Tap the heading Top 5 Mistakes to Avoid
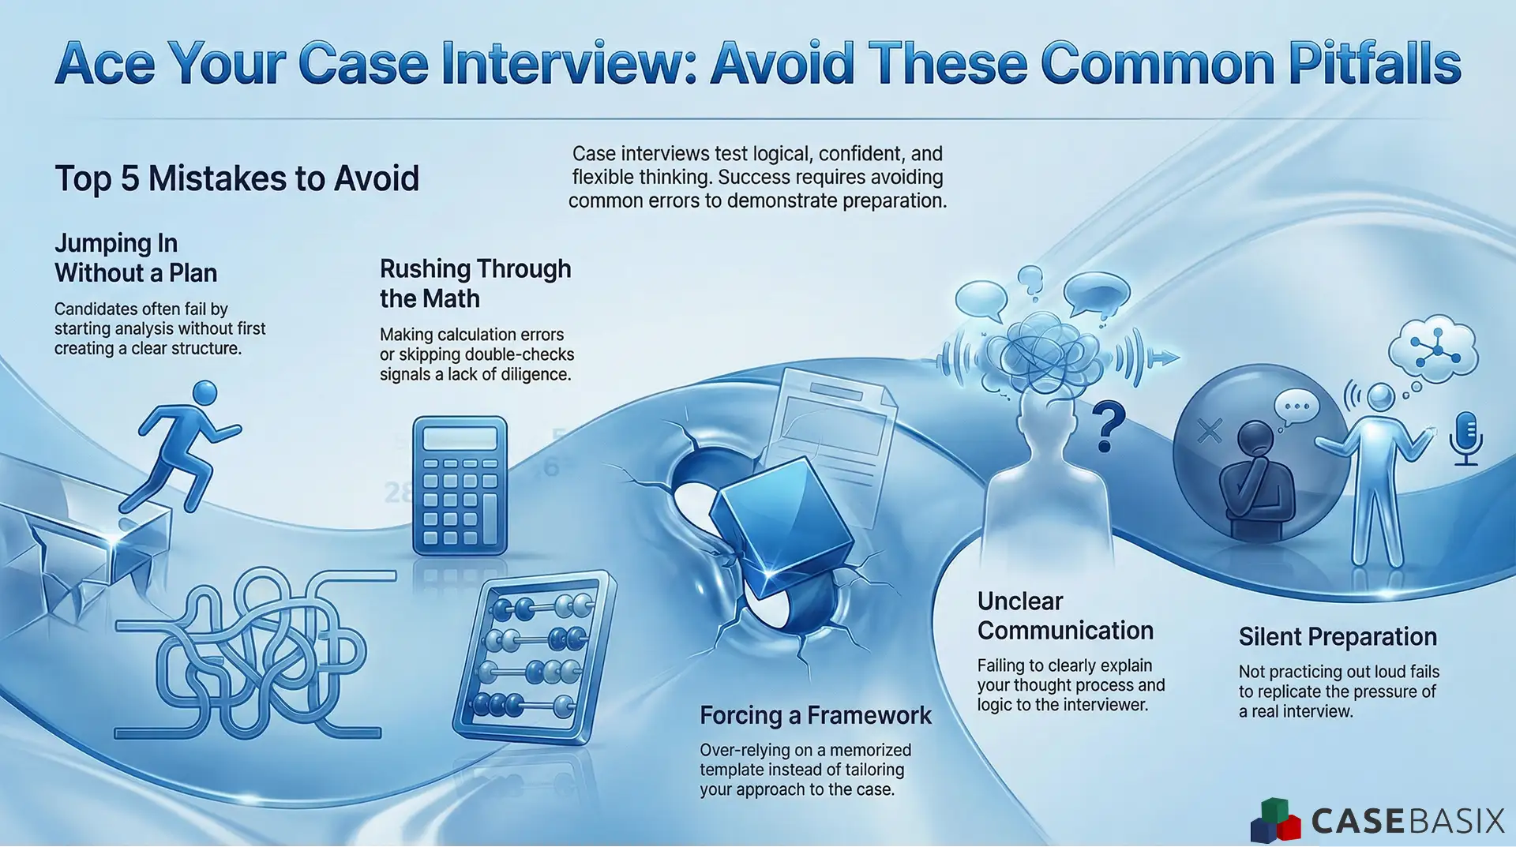(x=237, y=178)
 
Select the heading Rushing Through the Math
(x=475, y=283)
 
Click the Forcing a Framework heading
(x=815, y=715)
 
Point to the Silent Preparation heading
(x=1337, y=636)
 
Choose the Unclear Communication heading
(x=1064, y=616)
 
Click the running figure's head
(x=205, y=392)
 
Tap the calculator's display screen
(x=460, y=439)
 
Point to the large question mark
(x=1108, y=426)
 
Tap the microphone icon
(x=1465, y=437)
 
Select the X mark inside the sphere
(x=1209, y=431)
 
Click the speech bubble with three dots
(x=1296, y=407)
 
